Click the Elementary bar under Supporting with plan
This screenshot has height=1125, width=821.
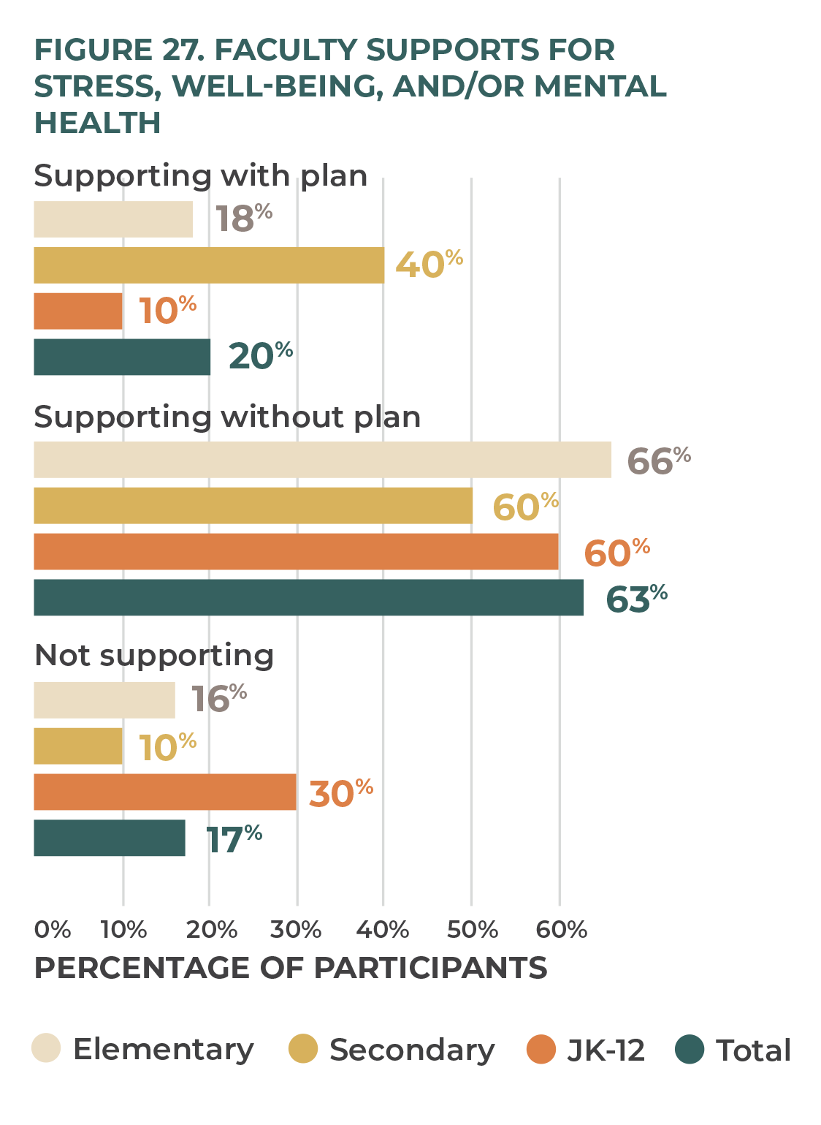[113, 219]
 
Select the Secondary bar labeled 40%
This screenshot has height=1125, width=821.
[209, 265]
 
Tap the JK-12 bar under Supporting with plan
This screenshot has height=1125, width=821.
[78, 311]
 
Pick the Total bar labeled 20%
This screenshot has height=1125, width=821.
[122, 357]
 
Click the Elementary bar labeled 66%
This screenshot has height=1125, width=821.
[322, 460]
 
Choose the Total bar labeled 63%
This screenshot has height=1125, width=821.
[308, 598]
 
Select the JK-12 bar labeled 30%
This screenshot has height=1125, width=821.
[165, 792]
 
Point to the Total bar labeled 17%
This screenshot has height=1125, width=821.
[110, 838]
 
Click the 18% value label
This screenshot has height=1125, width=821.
[244, 218]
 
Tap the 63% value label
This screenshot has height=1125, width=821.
[636, 599]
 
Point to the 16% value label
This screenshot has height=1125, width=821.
[218, 698]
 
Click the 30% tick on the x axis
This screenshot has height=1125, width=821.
[296, 930]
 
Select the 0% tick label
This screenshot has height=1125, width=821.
[53, 930]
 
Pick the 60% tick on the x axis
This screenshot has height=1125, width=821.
[561, 930]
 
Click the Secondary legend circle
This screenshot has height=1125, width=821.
[303, 1049]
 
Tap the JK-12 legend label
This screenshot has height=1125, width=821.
[606, 1050]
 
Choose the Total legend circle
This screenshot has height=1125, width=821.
[690, 1049]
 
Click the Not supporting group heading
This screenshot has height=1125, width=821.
[154, 656]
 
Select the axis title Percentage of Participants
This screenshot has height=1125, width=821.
[291, 968]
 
